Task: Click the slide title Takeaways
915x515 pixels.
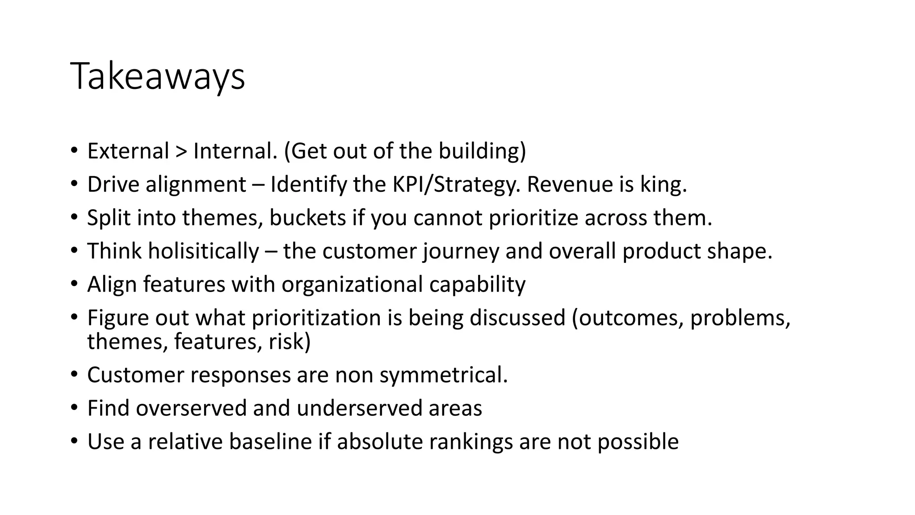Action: [x=157, y=76]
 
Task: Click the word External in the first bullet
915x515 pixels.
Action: [x=128, y=151]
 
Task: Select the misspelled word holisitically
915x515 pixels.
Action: [x=203, y=251]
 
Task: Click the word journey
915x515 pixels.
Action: [x=461, y=251]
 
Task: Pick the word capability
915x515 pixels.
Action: [x=477, y=285]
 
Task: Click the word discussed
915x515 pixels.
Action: [x=517, y=318]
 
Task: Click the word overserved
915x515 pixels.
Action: [x=191, y=408]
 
